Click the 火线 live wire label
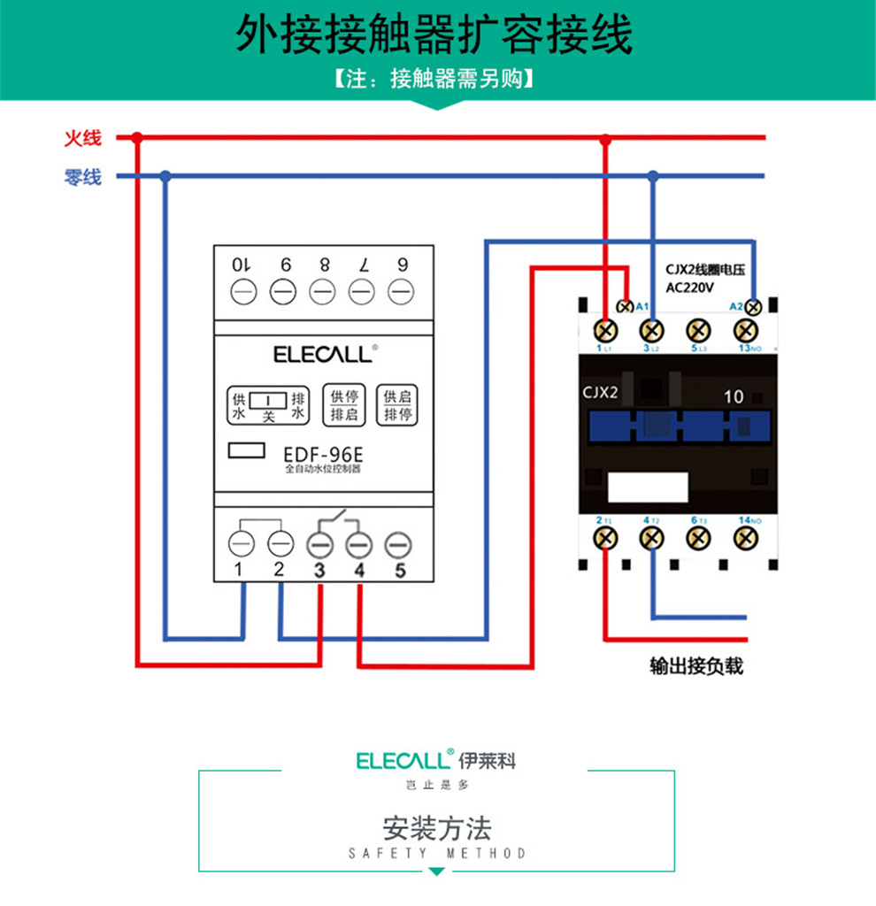[82, 138]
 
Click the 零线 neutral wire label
[82, 177]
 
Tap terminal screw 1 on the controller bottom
[241, 541]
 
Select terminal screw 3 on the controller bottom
[319, 541]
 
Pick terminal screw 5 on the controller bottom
[399, 541]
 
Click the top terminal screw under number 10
[242, 290]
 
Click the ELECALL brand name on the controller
[322, 355]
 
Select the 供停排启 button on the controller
[344, 405]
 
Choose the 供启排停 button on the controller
[396, 405]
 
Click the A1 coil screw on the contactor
[626, 307]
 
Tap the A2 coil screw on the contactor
[754, 307]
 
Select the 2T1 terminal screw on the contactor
[605, 537]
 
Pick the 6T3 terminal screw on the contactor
[699, 537]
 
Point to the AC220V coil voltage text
[688, 288]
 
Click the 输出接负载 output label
[696, 666]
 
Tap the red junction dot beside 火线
[137, 138]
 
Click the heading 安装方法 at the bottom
[436, 829]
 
